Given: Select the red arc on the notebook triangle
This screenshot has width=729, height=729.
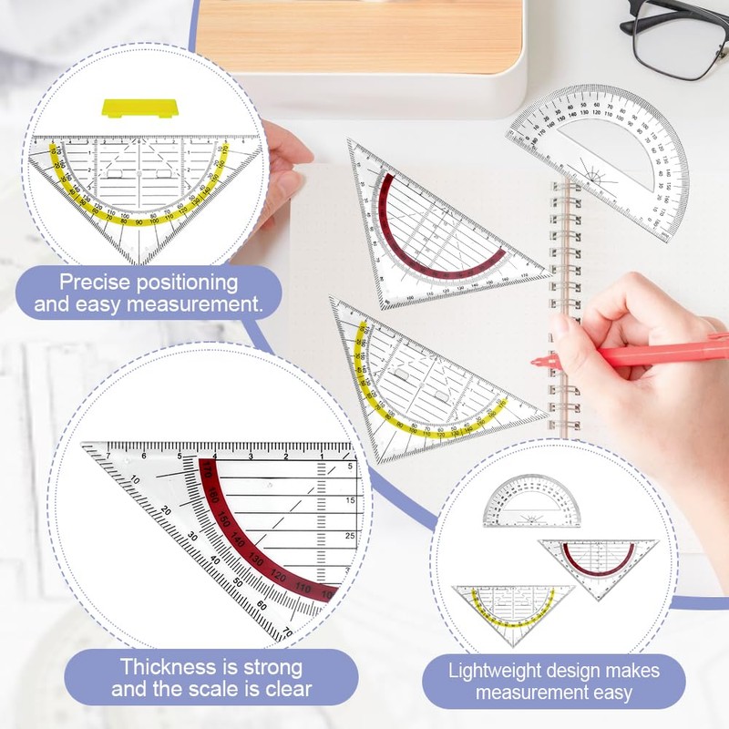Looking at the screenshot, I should click(437, 237).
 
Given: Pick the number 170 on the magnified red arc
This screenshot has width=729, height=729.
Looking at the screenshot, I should click(207, 472).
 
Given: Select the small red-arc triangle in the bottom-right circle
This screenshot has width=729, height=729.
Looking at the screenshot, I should click(597, 565).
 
